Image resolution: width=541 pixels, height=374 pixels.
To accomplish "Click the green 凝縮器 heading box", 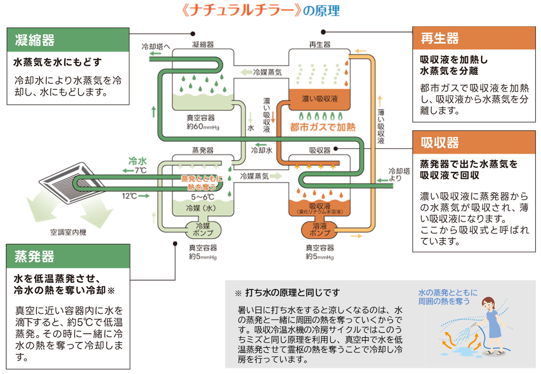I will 68,40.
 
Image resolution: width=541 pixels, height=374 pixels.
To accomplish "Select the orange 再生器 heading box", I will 474,38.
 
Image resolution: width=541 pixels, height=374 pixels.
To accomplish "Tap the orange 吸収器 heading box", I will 474,142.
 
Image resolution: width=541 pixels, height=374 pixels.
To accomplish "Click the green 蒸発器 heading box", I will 68,257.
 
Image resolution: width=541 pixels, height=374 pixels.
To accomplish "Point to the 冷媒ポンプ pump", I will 203,230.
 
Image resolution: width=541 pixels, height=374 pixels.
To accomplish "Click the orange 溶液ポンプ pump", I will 319,230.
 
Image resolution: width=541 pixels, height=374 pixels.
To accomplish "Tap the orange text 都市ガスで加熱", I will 322,127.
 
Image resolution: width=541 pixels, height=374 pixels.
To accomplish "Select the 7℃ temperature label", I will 140,170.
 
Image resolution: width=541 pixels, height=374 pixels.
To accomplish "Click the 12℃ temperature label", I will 129,196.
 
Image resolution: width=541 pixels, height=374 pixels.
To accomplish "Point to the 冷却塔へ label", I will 156,47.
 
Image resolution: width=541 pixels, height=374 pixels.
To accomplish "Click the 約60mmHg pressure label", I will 203,127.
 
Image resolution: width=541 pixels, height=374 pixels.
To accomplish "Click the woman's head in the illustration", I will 488,303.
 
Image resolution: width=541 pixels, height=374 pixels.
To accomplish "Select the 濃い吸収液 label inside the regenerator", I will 319,99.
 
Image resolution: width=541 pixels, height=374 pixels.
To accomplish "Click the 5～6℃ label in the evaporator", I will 203,197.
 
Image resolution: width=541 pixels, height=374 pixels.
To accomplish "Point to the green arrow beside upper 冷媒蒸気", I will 246,72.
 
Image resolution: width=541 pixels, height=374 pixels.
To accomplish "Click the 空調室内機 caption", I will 68,232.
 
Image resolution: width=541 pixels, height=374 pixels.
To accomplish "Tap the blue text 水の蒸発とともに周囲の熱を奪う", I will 447,297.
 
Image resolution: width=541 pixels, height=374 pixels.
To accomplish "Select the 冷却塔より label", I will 398,174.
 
